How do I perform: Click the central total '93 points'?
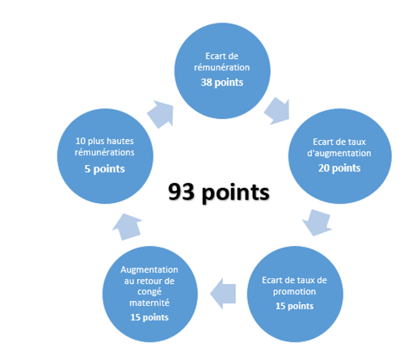click(x=218, y=193)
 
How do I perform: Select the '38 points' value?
click(x=222, y=83)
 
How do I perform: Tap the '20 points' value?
click(x=339, y=168)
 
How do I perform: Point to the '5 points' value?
click(x=105, y=169)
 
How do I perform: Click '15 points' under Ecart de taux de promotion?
click(x=294, y=306)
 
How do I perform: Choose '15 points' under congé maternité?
click(x=150, y=317)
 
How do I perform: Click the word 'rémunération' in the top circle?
click(x=222, y=67)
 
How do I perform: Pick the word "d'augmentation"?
click(x=339, y=154)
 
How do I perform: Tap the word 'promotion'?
click(x=294, y=292)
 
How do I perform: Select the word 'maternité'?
click(x=150, y=303)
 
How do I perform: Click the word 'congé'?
click(x=150, y=292)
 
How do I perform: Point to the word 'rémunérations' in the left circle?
click(x=105, y=152)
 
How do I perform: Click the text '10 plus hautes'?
click(x=105, y=141)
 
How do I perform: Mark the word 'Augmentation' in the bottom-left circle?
click(x=150, y=269)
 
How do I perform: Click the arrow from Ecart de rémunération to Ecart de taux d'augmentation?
click(x=277, y=111)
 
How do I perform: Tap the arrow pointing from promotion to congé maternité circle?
click(x=223, y=294)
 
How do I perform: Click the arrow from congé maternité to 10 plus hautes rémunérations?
click(x=128, y=227)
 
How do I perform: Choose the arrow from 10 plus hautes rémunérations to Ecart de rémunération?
click(x=161, y=114)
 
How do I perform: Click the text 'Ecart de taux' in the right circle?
click(x=339, y=142)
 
